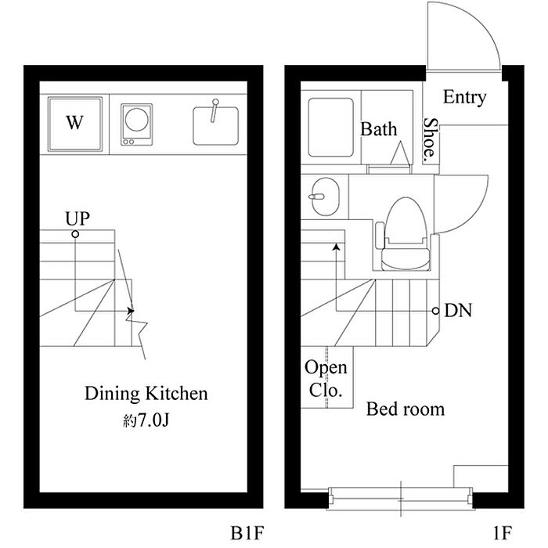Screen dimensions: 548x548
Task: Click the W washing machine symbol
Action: pyautogui.click(x=75, y=124)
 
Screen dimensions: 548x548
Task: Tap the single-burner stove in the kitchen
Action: pyautogui.click(x=137, y=124)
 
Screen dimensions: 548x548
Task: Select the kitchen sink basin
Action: pyautogui.click(x=216, y=126)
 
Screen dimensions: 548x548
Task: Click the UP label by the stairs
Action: pyautogui.click(x=78, y=218)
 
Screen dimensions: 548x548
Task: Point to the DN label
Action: pyautogui.click(x=458, y=310)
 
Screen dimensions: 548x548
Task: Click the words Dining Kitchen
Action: pyautogui.click(x=146, y=393)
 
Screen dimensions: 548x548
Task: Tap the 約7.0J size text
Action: pyautogui.click(x=146, y=421)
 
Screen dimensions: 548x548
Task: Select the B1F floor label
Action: pyautogui.click(x=247, y=533)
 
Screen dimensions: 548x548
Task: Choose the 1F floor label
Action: pyautogui.click(x=503, y=533)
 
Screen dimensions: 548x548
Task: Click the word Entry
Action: pyautogui.click(x=464, y=97)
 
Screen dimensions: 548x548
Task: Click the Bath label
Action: pyautogui.click(x=379, y=129)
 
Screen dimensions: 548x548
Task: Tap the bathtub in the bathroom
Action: pyautogui.click(x=330, y=127)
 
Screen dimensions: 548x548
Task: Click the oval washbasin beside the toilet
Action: pyautogui.click(x=326, y=196)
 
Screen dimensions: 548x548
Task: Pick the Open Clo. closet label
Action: pyautogui.click(x=326, y=379)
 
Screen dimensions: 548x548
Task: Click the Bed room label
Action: pyautogui.click(x=406, y=409)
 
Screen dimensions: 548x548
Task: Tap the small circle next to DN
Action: pyautogui.click(x=435, y=310)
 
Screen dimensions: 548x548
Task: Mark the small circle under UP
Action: pyautogui.click(x=75, y=234)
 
